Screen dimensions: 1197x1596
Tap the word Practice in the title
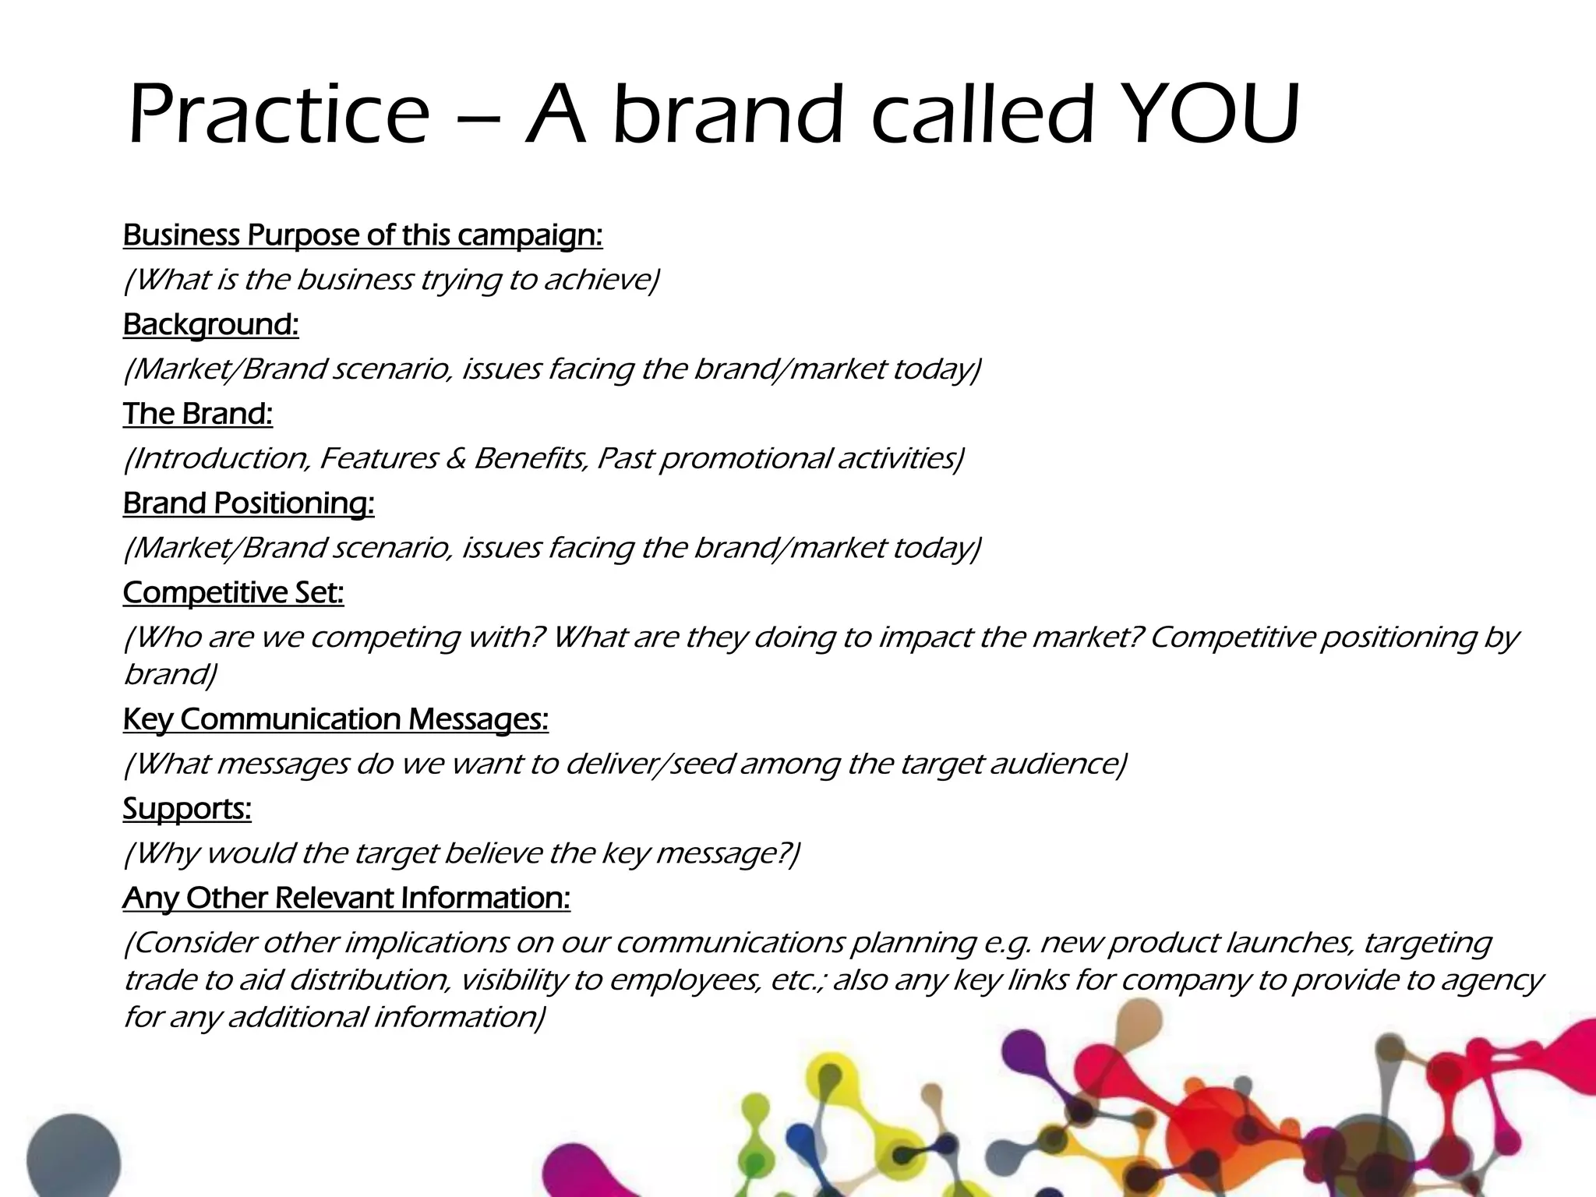(278, 115)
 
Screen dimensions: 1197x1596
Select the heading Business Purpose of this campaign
(362, 235)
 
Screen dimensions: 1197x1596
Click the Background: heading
(210, 324)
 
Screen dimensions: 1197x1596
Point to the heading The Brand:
(198, 414)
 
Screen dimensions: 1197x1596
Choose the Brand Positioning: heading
(249, 503)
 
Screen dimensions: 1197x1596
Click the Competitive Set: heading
(233, 593)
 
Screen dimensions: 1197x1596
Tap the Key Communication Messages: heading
(335, 719)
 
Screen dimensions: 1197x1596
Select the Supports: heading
(187, 808)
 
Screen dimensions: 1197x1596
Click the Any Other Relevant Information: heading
(346, 898)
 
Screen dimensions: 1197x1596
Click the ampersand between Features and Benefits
(456, 458)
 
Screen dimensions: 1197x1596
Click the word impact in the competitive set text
(925, 637)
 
